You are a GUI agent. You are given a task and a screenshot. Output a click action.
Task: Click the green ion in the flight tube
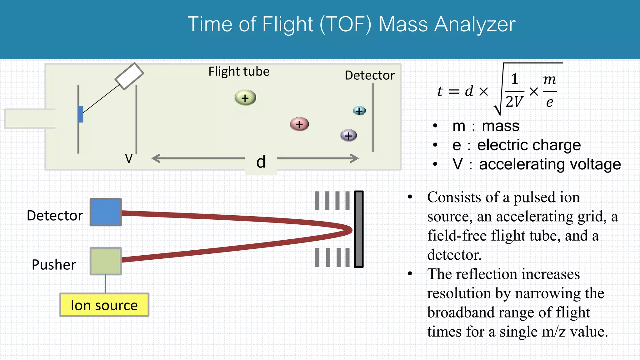245,98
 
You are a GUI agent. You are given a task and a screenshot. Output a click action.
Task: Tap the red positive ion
299,124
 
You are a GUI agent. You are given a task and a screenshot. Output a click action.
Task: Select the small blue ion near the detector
359,111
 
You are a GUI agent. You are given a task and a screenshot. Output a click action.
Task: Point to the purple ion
348,136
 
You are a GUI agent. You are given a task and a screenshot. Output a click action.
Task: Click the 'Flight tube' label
239,72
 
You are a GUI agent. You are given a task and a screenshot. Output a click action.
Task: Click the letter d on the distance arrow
261,162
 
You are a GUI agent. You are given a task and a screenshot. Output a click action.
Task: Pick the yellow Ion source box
104,305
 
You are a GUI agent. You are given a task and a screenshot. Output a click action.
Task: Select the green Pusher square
106,261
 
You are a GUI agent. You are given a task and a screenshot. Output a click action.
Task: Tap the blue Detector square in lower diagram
106,212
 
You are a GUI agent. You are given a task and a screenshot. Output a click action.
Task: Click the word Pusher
54,265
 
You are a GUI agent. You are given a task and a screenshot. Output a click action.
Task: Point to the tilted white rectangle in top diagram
129,76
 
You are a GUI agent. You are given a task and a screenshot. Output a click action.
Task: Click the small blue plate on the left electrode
81,114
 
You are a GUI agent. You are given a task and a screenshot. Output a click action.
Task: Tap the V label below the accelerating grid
129,158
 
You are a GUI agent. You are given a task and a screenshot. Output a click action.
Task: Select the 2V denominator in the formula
514,102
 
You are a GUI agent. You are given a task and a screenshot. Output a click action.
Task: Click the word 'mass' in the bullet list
501,126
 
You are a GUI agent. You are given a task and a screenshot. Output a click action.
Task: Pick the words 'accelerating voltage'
550,164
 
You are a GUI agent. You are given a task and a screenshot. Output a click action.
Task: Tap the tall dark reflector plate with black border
359,229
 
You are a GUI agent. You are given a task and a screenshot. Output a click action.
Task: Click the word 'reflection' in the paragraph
487,274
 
